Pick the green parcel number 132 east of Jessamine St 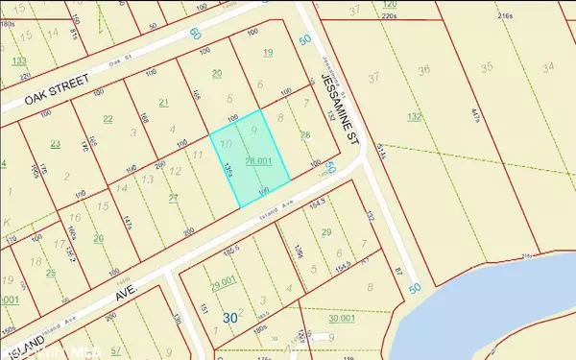(415, 116)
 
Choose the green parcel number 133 (19, 60)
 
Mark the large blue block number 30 (229, 317)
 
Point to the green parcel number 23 (56, 143)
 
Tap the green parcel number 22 (108, 119)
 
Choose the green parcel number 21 (163, 102)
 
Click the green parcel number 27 (174, 198)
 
